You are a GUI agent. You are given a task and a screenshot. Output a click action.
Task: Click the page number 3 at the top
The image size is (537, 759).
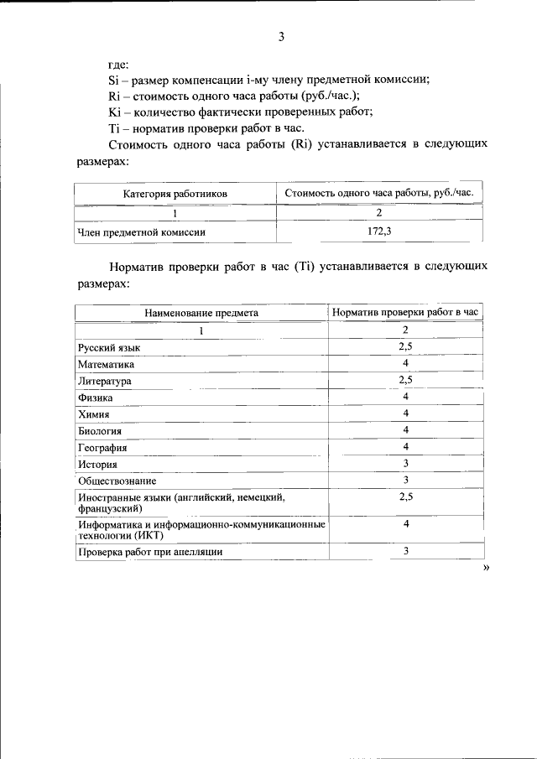(x=281, y=36)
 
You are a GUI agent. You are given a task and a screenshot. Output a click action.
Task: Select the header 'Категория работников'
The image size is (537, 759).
(x=175, y=194)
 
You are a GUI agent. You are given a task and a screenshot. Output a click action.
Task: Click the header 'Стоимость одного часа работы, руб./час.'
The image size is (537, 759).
(x=379, y=194)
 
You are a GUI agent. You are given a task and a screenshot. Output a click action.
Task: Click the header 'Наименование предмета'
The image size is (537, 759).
(x=201, y=313)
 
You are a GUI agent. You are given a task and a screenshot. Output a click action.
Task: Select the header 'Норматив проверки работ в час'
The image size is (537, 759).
(x=405, y=313)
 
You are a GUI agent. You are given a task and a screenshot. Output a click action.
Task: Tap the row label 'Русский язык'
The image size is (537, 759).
(x=109, y=347)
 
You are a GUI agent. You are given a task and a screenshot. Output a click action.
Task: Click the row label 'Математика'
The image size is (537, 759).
(x=106, y=364)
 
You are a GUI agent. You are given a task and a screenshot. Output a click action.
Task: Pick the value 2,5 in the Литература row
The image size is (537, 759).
(x=405, y=380)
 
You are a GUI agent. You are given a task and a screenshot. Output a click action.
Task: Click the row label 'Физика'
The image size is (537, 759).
(x=95, y=398)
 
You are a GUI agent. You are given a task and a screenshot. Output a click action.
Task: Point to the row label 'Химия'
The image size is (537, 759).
(x=94, y=414)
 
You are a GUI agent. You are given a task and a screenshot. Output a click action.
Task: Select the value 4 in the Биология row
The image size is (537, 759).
(x=405, y=429)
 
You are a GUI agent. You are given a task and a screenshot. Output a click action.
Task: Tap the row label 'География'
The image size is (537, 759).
(x=102, y=448)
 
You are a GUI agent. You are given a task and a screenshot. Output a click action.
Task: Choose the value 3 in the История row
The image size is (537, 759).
(x=405, y=463)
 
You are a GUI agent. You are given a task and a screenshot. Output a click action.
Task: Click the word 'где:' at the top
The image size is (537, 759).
(x=118, y=65)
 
